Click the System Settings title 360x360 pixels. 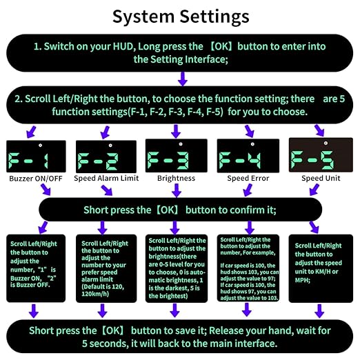[x=181, y=17]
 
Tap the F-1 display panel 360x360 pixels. [x=36, y=157]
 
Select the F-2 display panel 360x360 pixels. [x=106, y=157]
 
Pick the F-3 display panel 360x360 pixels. [x=177, y=156]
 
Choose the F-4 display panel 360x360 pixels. [x=248, y=156]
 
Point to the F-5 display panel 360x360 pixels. [x=321, y=155]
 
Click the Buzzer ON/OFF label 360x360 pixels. [x=36, y=179]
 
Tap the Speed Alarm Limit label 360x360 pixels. [x=106, y=178]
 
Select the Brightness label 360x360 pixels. [x=176, y=178]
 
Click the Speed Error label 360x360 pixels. [x=248, y=178]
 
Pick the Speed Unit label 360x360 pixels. [x=321, y=178]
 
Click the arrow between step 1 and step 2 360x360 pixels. [x=183, y=79]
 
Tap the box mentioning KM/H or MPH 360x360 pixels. [x=321, y=268]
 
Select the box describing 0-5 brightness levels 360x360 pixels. [x=177, y=268]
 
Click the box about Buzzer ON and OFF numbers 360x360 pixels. [x=36, y=268]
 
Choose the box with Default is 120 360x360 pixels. [x=106, y=268]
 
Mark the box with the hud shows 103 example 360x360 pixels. [x=248, y=268]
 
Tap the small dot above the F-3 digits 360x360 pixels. [x=181, y=144]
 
